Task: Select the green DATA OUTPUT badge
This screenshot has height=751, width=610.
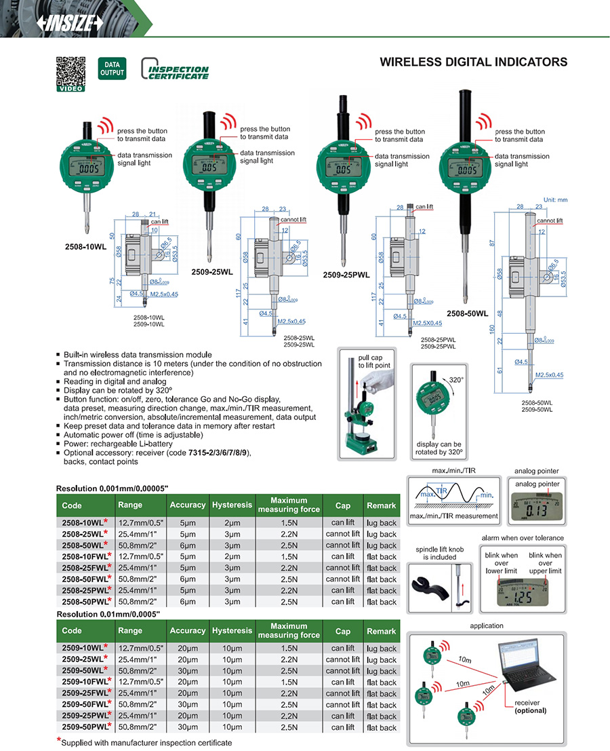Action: click(x=112, y=68)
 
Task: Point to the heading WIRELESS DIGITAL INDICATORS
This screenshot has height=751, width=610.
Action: click(x=473, y=62)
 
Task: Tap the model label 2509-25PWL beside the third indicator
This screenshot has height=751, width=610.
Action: click(x=347, y=275)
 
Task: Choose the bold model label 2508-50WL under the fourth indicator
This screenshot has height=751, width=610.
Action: click(x=467, y=313)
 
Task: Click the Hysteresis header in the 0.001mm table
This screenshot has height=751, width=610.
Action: click(x=232, y=505)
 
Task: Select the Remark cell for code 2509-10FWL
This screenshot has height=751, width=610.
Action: click(x=382, y=682)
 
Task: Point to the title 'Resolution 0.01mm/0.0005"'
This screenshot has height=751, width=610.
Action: click(x=108, y=614)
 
